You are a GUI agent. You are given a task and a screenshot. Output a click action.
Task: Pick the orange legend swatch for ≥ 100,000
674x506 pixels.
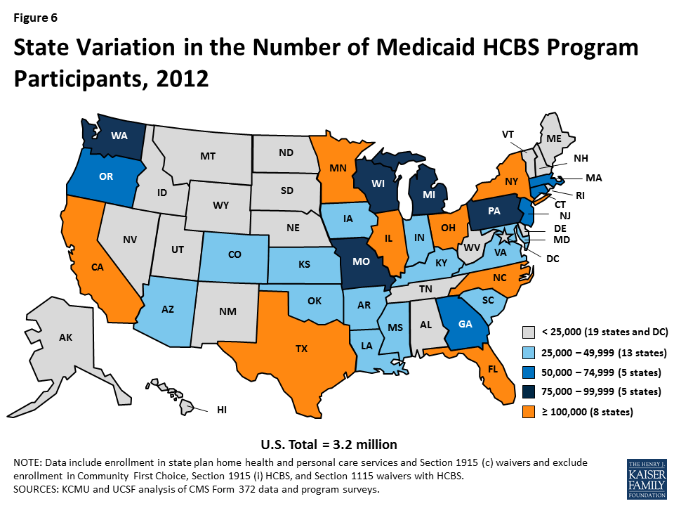tap(529, 412)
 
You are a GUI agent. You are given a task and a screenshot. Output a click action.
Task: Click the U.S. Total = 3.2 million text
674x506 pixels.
tap(329, 444)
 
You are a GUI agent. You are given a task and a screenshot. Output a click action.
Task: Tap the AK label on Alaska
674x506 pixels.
tap(65, 337)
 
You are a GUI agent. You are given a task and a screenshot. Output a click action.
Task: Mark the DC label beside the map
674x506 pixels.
tap(553, 259)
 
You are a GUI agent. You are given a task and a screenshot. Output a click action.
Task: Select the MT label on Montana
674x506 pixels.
tap(207, 155)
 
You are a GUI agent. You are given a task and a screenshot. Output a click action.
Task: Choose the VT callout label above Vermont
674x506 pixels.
tap(508, 134)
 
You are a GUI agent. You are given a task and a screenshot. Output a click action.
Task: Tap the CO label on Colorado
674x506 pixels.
tap(235, 255)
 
